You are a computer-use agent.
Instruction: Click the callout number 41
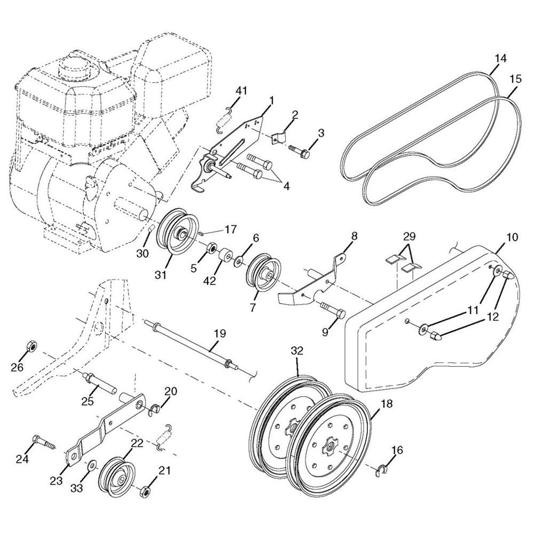(241, 91)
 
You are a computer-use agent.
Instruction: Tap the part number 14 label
(500, 58)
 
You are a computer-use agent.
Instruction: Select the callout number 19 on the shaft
(220, 333)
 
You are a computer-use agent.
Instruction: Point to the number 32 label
(297, 351)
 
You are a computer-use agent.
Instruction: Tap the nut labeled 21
(145, 492)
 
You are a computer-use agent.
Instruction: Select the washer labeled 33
(91, 466)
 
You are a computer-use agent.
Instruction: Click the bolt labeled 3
(300, 151)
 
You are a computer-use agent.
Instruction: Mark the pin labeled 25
(99, 383)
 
